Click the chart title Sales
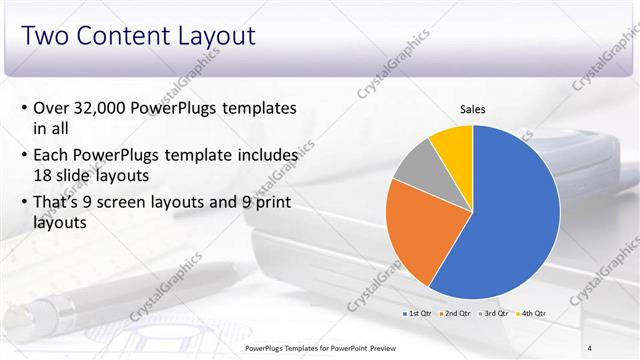pos(472,110)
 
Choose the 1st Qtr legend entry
pos(418,314)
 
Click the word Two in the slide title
pos(45,37)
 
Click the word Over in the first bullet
pos(51,108)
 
